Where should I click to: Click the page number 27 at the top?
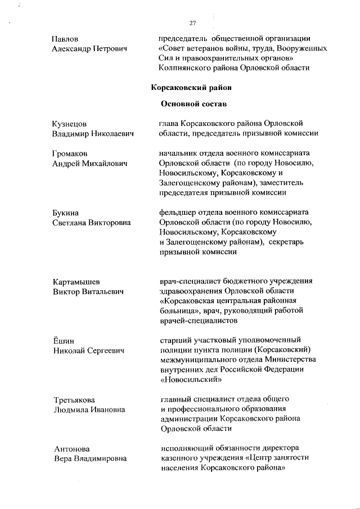[x=193, y=23]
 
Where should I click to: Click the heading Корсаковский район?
[x=191, y=87]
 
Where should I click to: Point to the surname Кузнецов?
[x=70, y=124]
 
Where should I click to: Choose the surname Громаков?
[x=71, y=154]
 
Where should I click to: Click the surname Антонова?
[x=71, y=449]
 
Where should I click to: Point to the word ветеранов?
[x=207, y=48]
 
